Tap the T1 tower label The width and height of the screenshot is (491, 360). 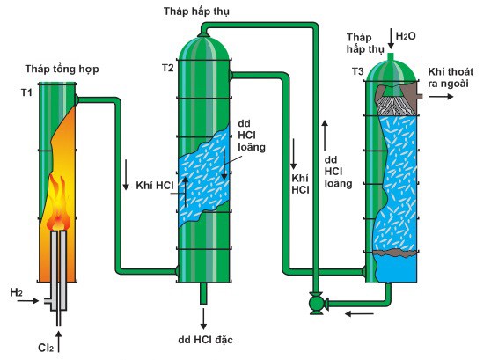pos(27,92)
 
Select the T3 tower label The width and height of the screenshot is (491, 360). pos(357,70)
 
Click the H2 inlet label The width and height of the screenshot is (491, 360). pos(16,291)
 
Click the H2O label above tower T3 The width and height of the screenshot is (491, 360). pos(407,36)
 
